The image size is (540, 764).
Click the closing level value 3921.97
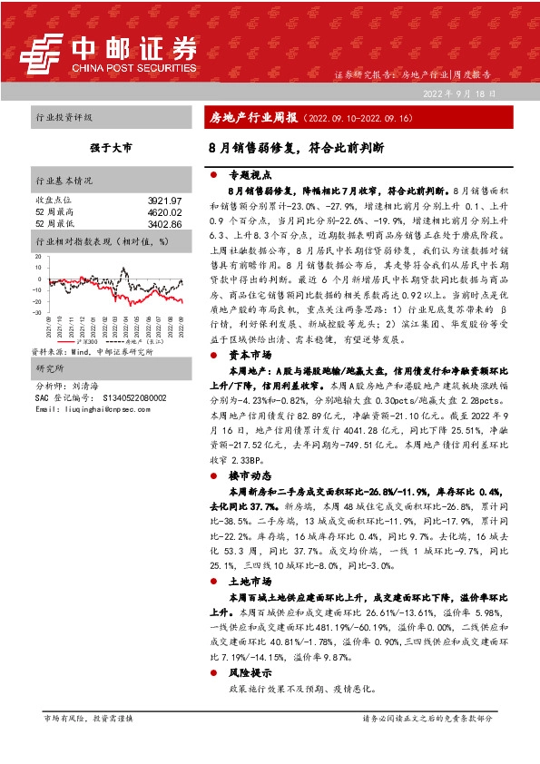tap(164, 200)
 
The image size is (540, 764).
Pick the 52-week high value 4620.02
tap(164, 211)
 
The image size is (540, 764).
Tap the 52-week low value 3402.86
tap(164, 223)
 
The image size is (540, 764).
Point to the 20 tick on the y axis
tap(39, 258)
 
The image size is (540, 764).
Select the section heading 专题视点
tap(247, 176)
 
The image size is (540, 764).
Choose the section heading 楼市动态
tap(247, 475)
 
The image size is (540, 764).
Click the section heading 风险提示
tap(247, 672)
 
